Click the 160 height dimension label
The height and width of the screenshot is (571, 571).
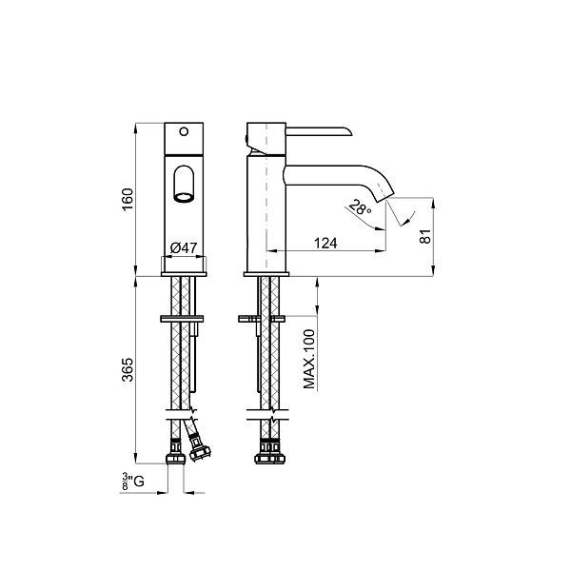tap(128, 199)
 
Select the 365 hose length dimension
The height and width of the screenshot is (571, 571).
tap(128, 369)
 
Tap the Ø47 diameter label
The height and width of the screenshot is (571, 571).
tap(184, 248)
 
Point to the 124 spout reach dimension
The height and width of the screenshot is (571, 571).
tap(325, 243)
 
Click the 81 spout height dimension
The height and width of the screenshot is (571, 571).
tap(425, 236)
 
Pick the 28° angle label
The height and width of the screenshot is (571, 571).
tap(361, 207)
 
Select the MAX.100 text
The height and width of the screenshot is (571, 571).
tap(309, 359)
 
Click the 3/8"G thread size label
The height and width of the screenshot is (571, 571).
tap(133, 482)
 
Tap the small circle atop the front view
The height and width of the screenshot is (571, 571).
tap(184, 131)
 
